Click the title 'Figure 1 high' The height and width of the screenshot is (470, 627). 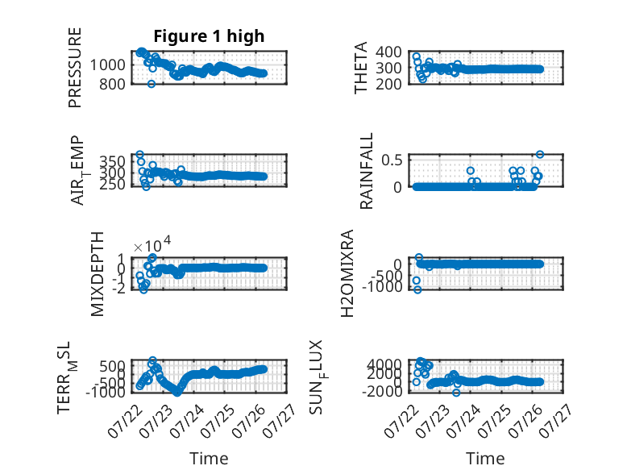pyautogui.click(x=209, y=36)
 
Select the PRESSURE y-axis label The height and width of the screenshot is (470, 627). pyautogui.click(x=75, y=68)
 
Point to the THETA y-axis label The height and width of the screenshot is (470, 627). pyautogui.click(x=361, y=68)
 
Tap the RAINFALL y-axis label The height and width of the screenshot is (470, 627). pyautogui.click(x=366, y=171)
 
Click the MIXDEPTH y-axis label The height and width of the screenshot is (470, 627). pyautogui.click(x=98, y=274)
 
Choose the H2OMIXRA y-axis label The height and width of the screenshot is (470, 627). pyautogui.click(x=347, y=273)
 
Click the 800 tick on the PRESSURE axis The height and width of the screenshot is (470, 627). pyautogui.click(x=112, y=84)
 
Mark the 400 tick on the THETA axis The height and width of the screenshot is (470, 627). pyautogui.click(x=388, y=52)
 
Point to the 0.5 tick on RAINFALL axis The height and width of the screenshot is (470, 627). pyautogui.click(x=392, y=160)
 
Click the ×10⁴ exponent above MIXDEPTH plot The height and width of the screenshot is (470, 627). pyautogui.click(x=152, y=244)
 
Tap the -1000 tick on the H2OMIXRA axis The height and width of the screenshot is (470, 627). pyautogui.click(x=383, y=287)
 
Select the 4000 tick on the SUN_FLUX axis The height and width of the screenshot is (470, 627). pyautogui.click(x=384, y=364)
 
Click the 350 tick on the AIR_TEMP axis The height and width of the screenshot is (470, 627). pyautogui.click(x=112, y=161)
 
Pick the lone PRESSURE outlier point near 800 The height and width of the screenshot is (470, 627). pyautogui.click(x=152, y=84)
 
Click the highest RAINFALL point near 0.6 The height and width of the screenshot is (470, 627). pyautogui.click(x=540, y=155)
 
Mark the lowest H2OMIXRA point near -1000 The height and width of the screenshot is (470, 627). pyautogui.click(x=417, y=289)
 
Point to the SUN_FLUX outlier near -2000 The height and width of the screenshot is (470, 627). pyautogui.click(x=456, y=393)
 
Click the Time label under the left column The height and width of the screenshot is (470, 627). pyautogui.click(x=209, y=458)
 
